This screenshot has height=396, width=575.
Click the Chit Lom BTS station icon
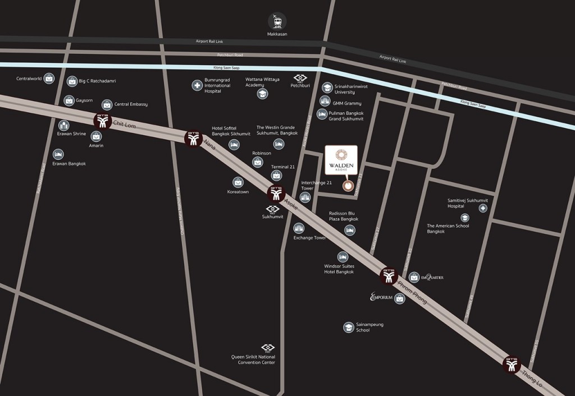(x=102, y=121)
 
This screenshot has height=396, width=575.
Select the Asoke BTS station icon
(x=276, y=194)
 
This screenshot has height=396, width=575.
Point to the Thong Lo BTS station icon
(x=512, y=365)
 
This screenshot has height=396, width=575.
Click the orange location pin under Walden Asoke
(x=348, y=186)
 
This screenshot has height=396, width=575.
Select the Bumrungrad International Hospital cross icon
(x=197, y=86)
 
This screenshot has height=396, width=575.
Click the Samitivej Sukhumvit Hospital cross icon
(x=483, y=208)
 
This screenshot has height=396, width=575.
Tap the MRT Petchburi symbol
(x=299, y=79)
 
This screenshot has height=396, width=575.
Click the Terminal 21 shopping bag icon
(x=276, y=176)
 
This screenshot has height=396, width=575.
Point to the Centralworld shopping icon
(x=50, y=78)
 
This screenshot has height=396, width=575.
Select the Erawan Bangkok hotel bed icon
(x=58, y=154)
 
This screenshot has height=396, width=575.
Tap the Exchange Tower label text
(x=309, y=238)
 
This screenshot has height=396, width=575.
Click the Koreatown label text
(x=238, y=192)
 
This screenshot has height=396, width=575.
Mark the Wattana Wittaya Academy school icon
(x=262, y=94)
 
